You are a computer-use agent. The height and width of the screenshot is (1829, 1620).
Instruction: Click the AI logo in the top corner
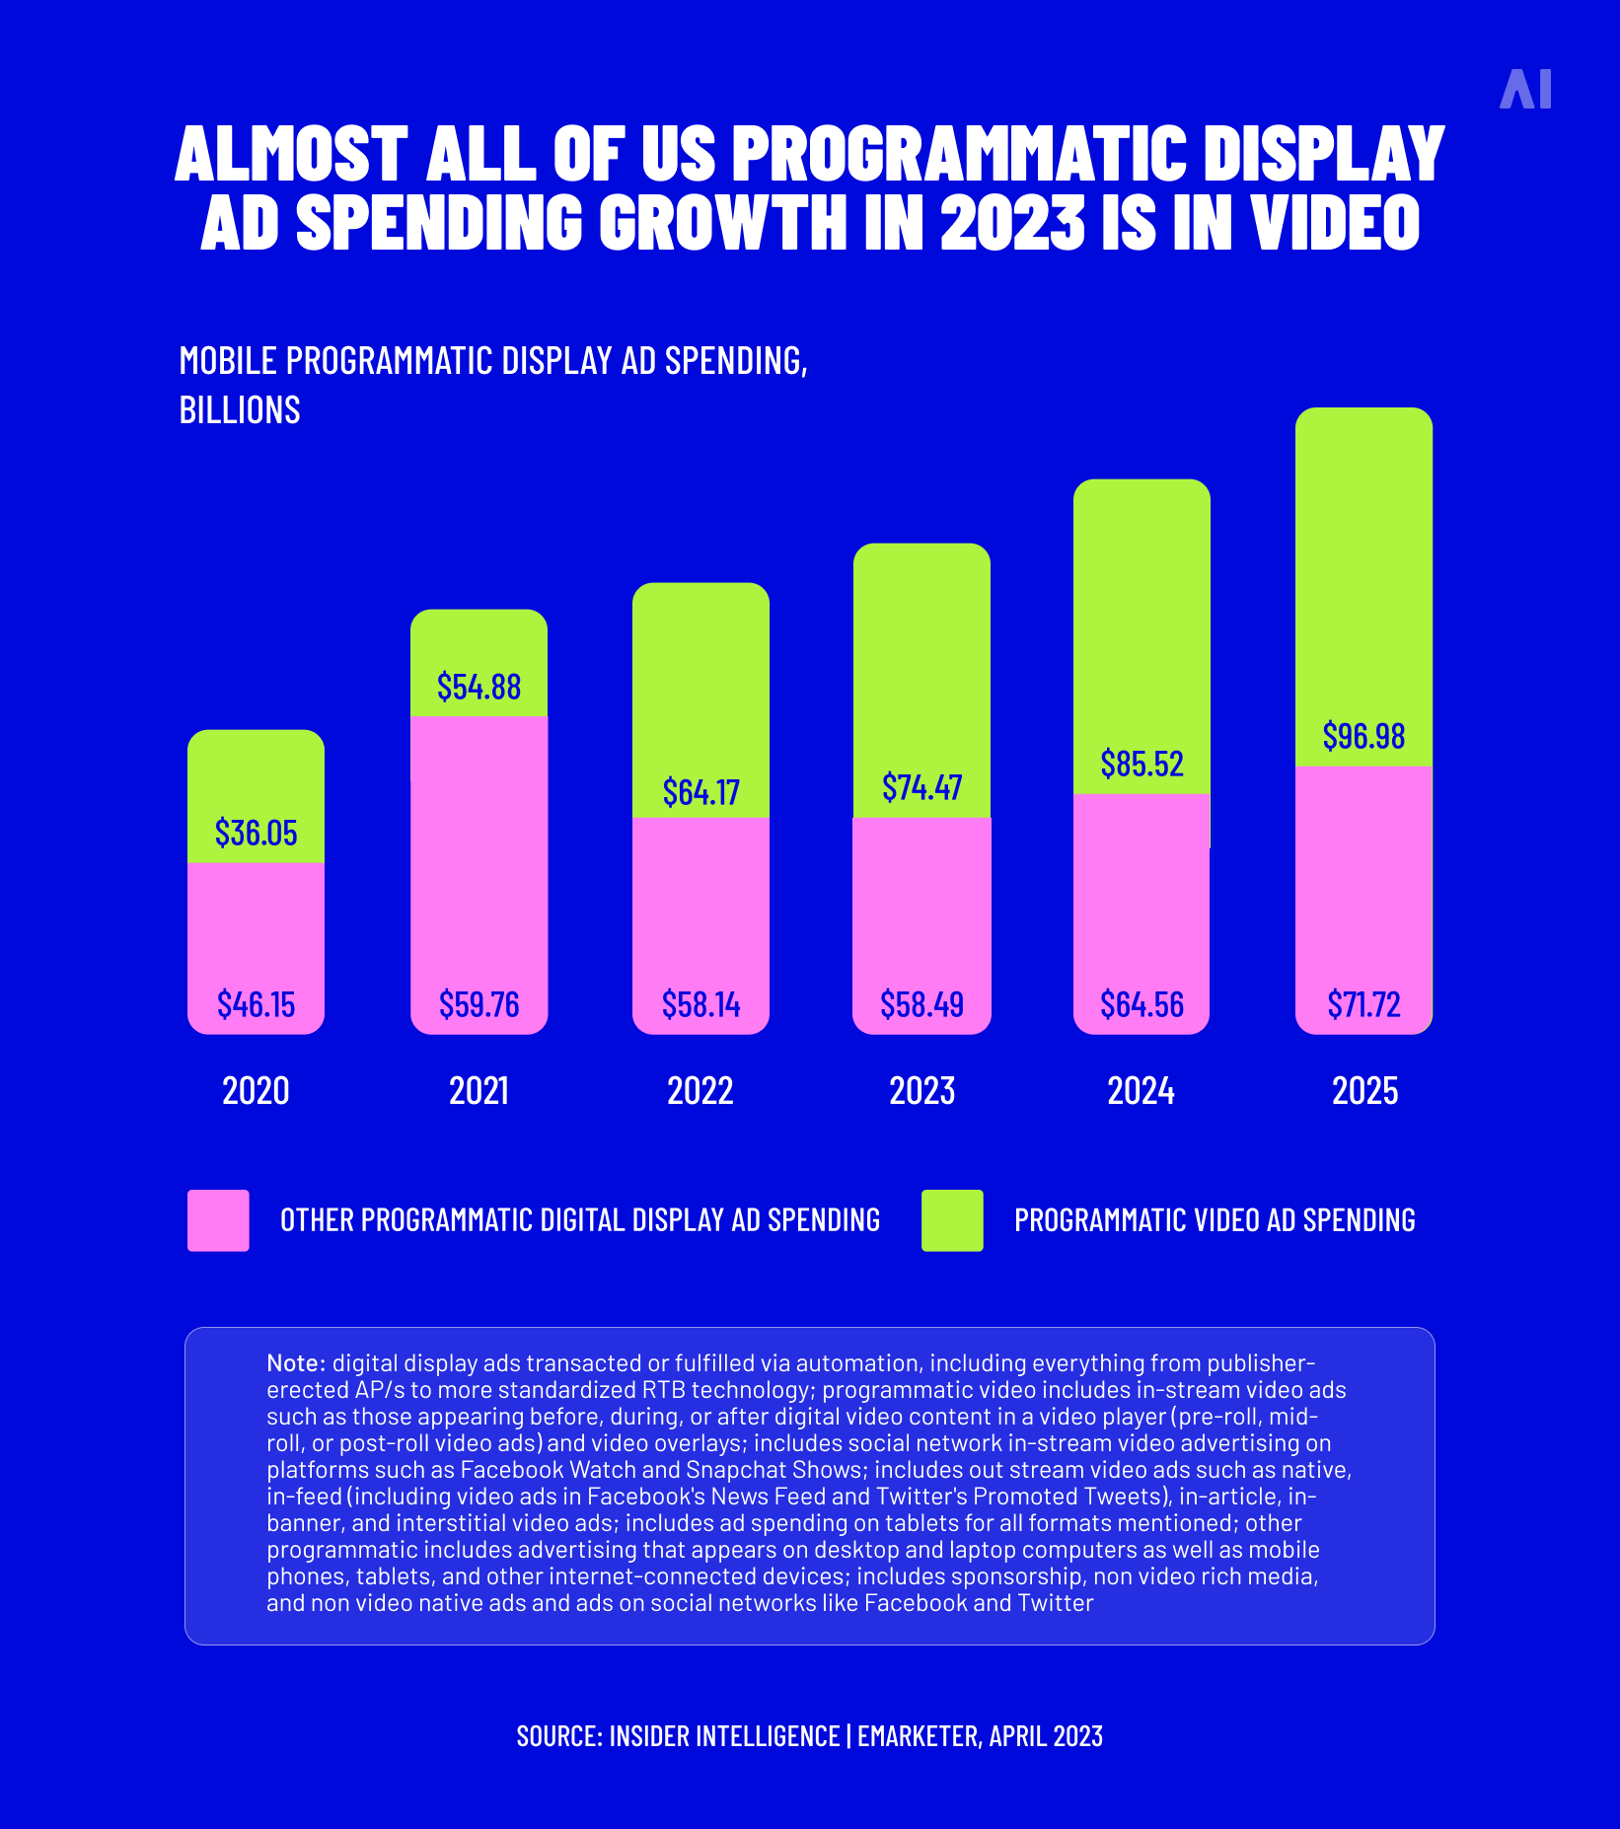1525,89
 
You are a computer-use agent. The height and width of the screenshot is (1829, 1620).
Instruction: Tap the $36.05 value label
256,833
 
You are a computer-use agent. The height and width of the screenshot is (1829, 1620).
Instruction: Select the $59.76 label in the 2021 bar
479,1004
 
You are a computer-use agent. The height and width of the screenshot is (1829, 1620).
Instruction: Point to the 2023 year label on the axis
921,1091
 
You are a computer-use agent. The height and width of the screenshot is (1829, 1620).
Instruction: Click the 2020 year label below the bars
256,1091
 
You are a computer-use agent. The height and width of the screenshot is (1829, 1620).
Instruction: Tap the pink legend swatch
218,1220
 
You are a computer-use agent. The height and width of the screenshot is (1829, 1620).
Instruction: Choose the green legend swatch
952,1220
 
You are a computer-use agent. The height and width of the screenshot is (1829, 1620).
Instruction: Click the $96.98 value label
1363,736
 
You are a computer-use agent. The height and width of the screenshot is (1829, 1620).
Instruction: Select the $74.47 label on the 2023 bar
921,787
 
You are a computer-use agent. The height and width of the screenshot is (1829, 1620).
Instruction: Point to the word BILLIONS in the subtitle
240,409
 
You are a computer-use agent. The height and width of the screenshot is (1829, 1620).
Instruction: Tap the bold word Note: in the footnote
296,1363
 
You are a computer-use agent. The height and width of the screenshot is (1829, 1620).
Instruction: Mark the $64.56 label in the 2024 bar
1141,1004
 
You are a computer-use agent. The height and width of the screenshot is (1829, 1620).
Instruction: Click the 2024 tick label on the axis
1141,1091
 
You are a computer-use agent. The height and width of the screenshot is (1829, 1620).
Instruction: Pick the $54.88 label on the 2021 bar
479,687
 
